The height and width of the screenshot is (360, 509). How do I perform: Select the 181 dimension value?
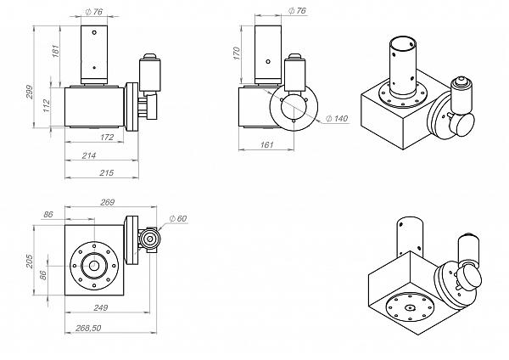pos(55,53)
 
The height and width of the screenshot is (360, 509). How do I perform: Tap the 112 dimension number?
pos(47,104)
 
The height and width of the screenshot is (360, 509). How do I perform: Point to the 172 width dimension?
pos(107,137)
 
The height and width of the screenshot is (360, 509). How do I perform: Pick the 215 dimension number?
pos(108,173)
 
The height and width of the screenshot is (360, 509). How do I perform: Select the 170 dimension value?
pos(238,52)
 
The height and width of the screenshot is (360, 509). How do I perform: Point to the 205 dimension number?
pos(28,260)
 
